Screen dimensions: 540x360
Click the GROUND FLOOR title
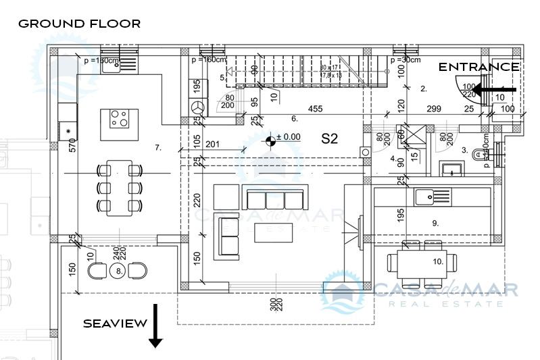point(79,24)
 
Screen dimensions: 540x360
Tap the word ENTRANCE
point(478,67)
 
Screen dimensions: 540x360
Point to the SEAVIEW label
point(115,324)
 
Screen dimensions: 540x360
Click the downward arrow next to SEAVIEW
point(155,326)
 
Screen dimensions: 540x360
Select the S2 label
point(329,139)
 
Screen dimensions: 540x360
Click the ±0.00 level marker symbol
point(271,140)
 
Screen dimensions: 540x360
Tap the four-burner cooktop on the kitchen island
point(120,119)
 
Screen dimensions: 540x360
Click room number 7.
point(158,147)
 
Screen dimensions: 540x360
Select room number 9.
point(435,222)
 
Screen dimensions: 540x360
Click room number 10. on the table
point(437,261)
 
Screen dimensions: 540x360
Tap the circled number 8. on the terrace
point(119,271)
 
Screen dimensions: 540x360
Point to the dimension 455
point(315,109)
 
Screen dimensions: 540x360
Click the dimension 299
point(435,109)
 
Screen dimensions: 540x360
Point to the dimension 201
point(213,143)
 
